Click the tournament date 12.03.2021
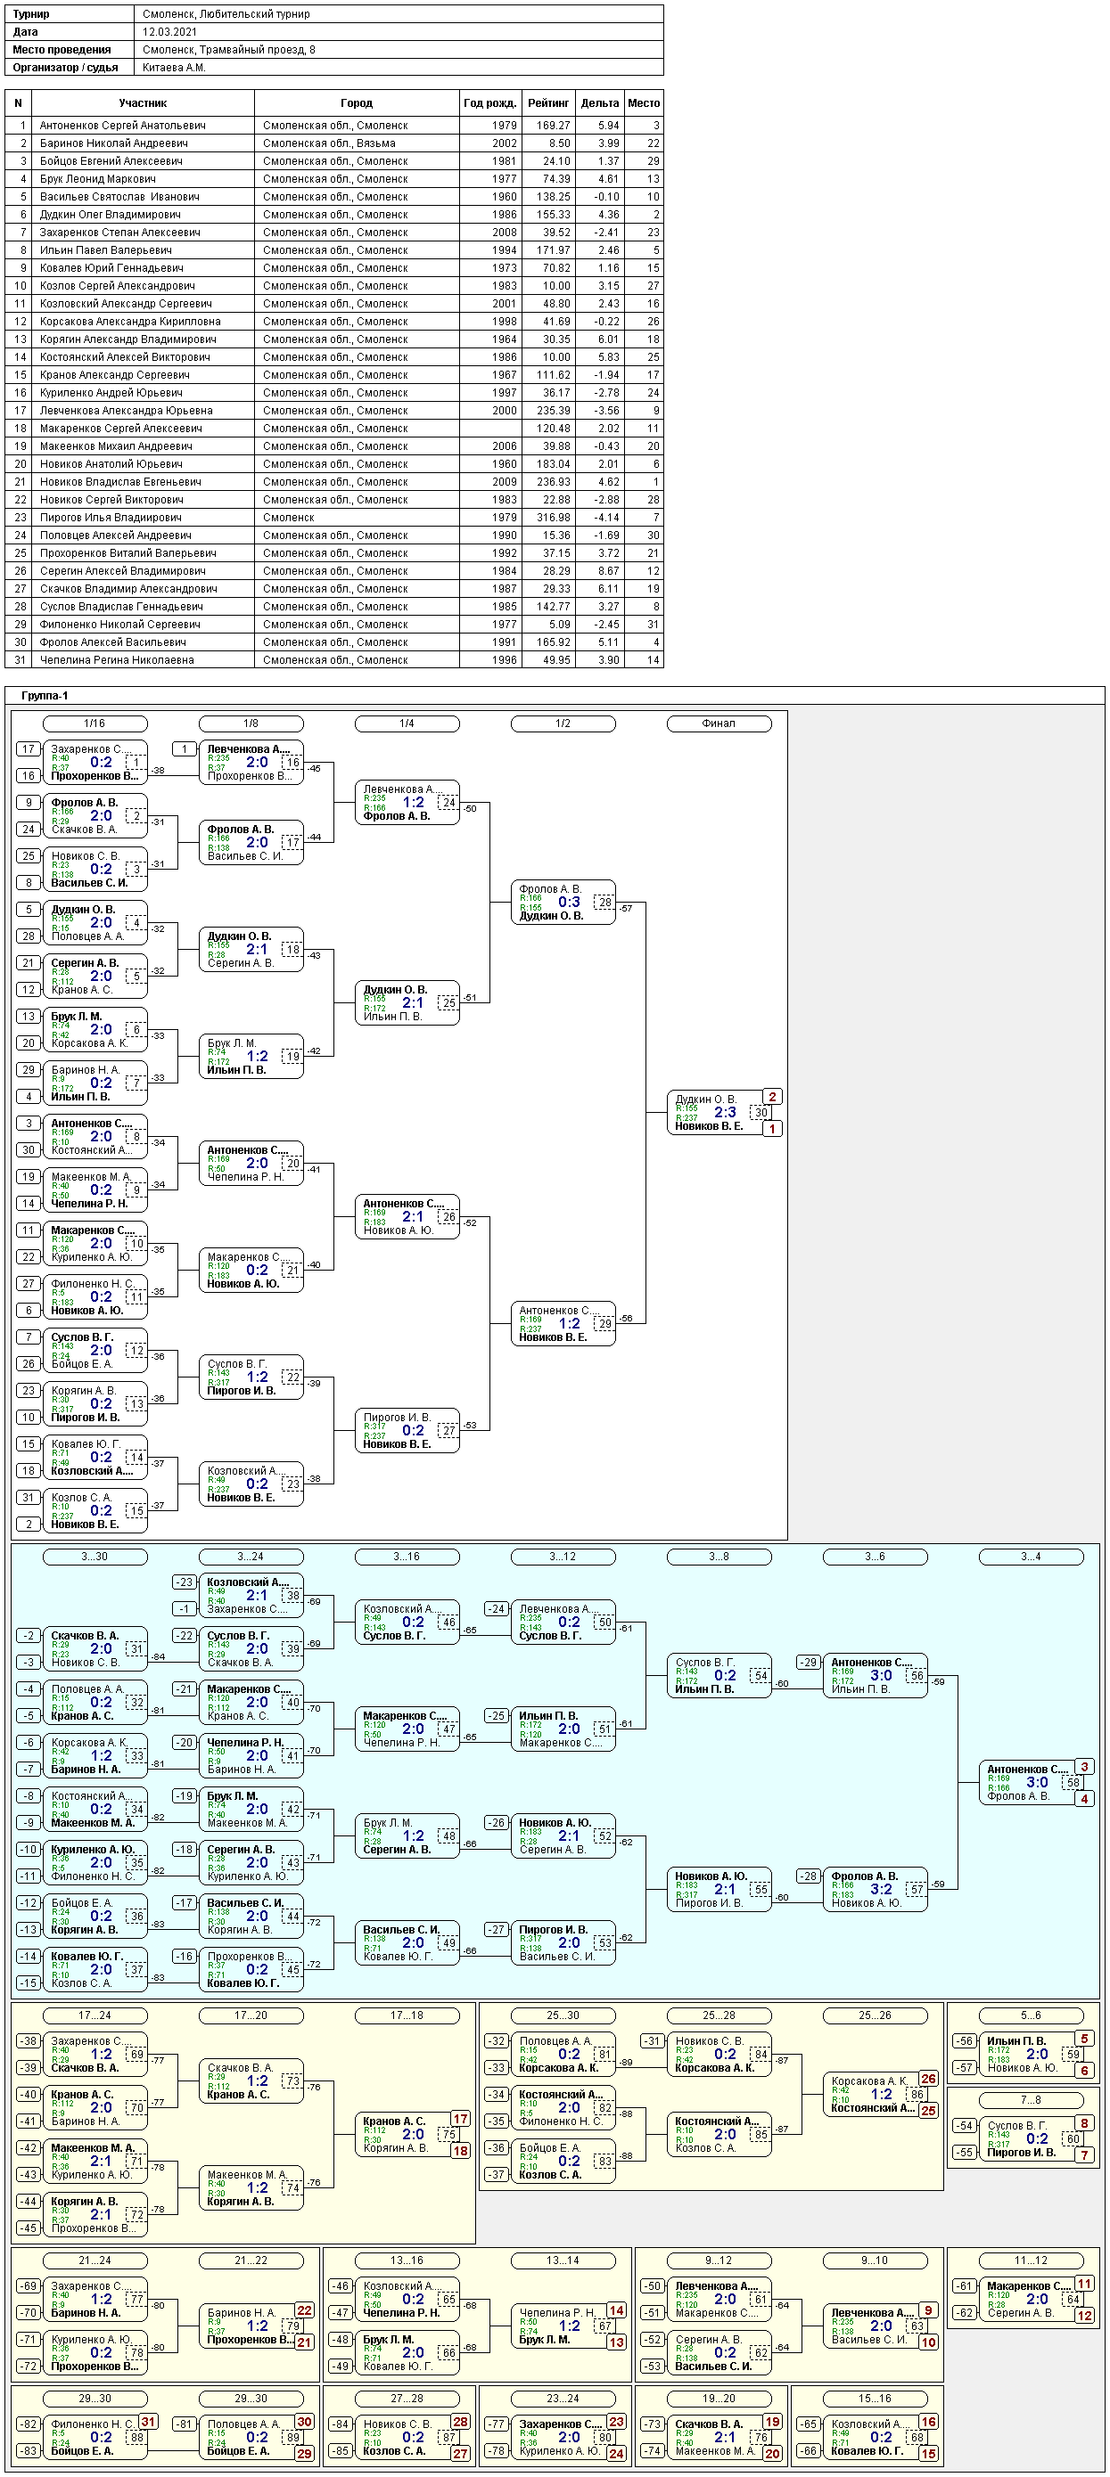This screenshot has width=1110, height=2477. (170, 32)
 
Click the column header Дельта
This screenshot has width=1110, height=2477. (599, 102)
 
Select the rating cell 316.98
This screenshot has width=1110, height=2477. (553, 518)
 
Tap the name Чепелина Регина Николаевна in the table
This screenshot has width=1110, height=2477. (117, 659)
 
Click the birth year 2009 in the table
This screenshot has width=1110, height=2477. (504, 482)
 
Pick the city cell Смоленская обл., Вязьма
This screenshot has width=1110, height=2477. (329, 143)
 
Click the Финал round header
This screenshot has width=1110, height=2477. (719, 723)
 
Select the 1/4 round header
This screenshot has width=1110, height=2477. (407, 723)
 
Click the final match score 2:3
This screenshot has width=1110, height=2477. (724, 1112)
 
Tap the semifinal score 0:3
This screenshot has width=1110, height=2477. (569, 902)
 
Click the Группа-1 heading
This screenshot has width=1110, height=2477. (45, 695)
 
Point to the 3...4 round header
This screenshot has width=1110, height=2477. (1030, 1556)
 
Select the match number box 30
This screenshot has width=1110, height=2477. (761, 1113)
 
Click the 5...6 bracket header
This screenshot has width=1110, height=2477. (1030, 2015)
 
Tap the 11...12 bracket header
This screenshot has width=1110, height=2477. (1030, 2260)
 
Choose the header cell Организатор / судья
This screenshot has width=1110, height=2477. (65, 68)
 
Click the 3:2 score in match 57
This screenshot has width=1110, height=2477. (881, 1889)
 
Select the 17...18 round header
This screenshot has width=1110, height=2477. (407, 2015)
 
